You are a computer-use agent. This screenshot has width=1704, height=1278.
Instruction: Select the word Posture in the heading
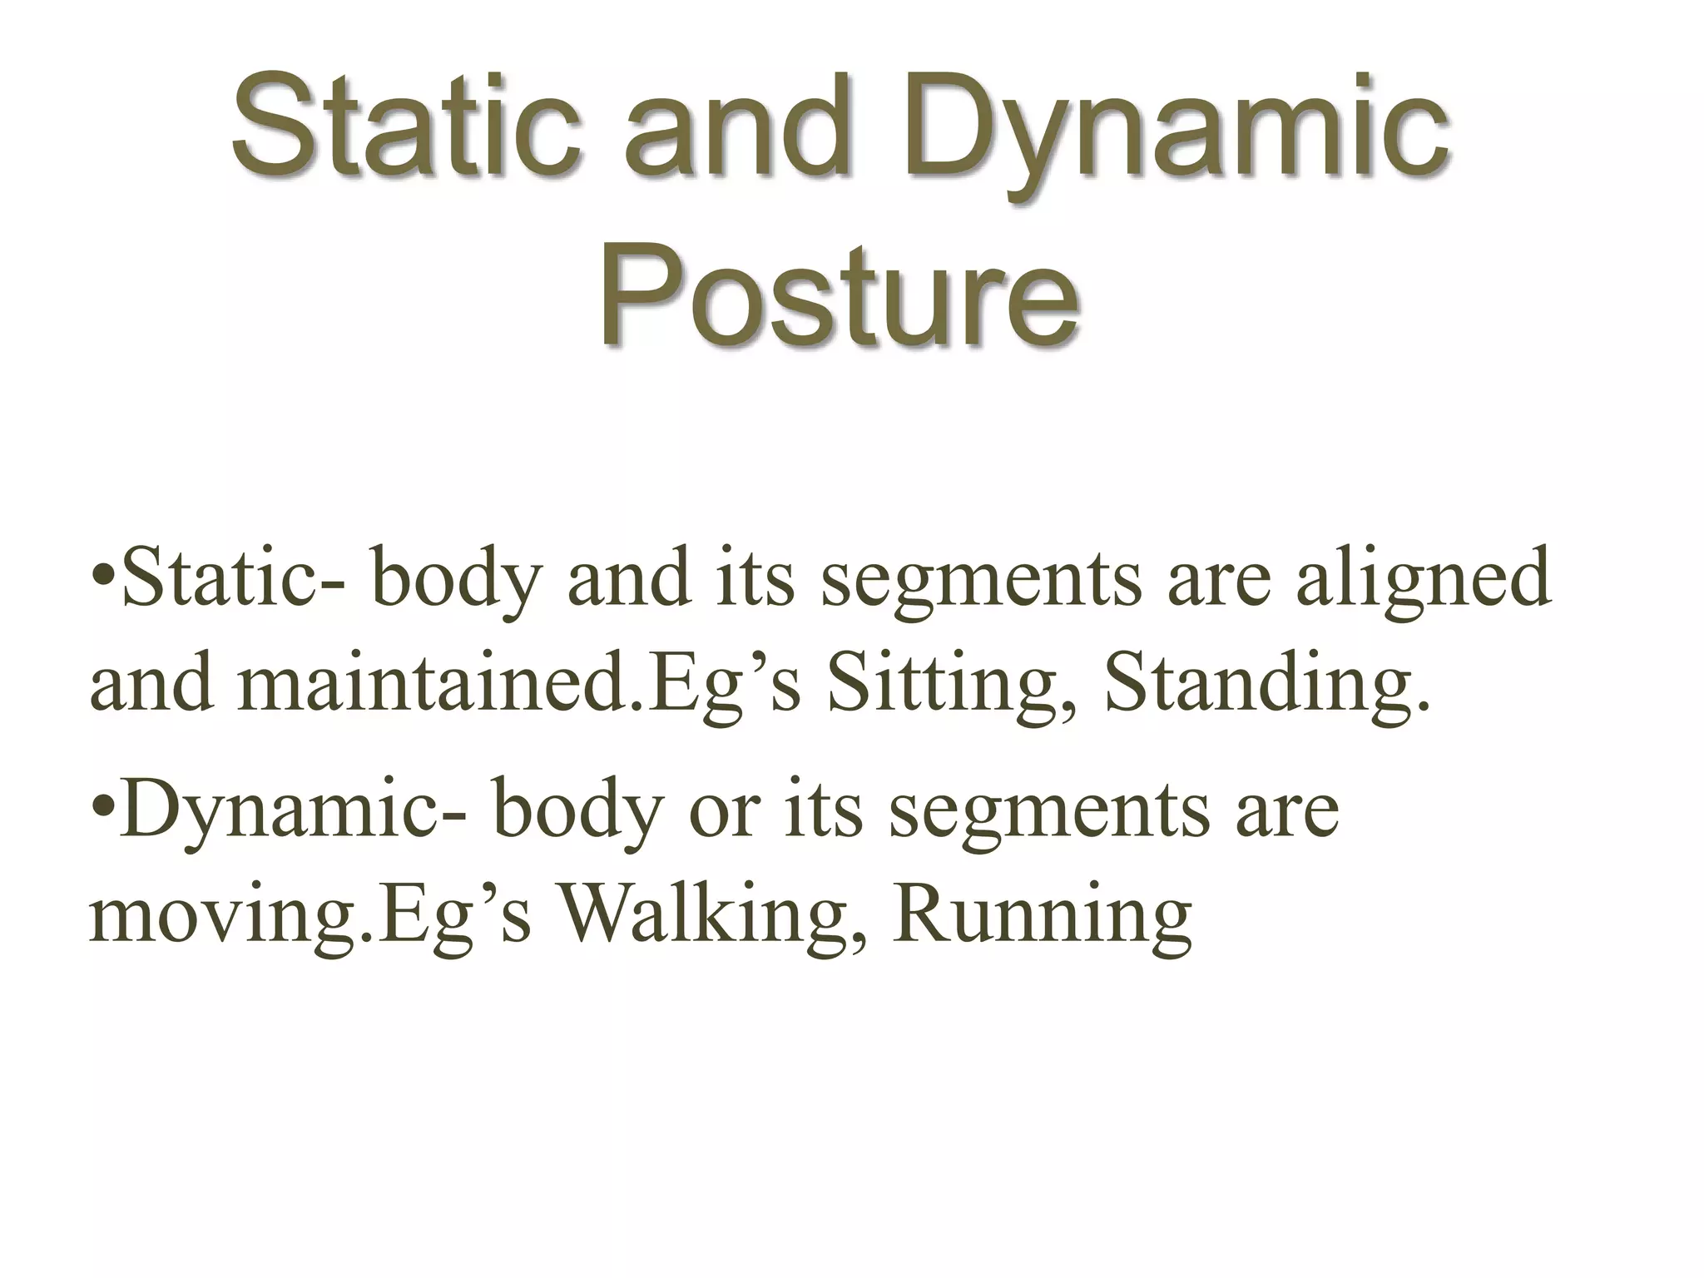coord(840,296)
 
